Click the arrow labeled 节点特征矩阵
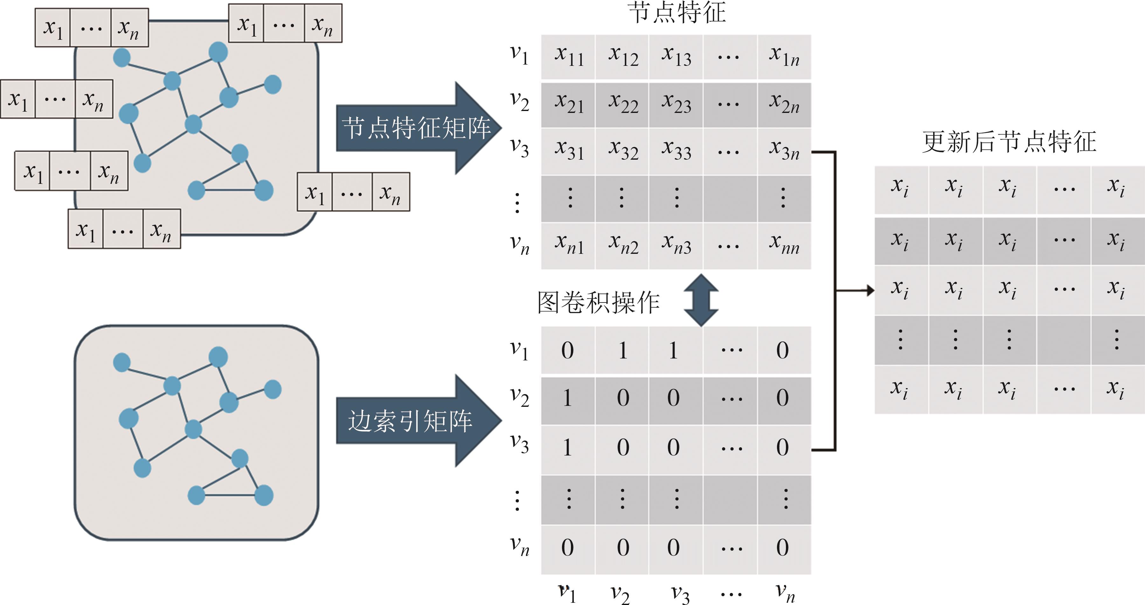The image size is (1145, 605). click(418, 128)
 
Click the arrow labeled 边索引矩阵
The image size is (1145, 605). click(418, 421)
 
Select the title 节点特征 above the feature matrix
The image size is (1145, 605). click(677, 12)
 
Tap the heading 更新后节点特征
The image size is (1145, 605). click(1009, 142)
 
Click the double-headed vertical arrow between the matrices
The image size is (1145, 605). click(701, 300)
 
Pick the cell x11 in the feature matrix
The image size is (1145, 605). click(568, 57)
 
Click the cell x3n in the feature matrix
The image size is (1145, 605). click(784, 151)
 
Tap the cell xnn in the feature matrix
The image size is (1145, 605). click(784, 245)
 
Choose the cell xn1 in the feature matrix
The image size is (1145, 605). click(568, 245)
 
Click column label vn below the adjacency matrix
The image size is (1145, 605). click(785, 593)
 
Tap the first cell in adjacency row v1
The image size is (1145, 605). click(568, 350)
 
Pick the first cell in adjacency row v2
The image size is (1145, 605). click(568, 398)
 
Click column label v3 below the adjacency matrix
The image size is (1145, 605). click(680, 594)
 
